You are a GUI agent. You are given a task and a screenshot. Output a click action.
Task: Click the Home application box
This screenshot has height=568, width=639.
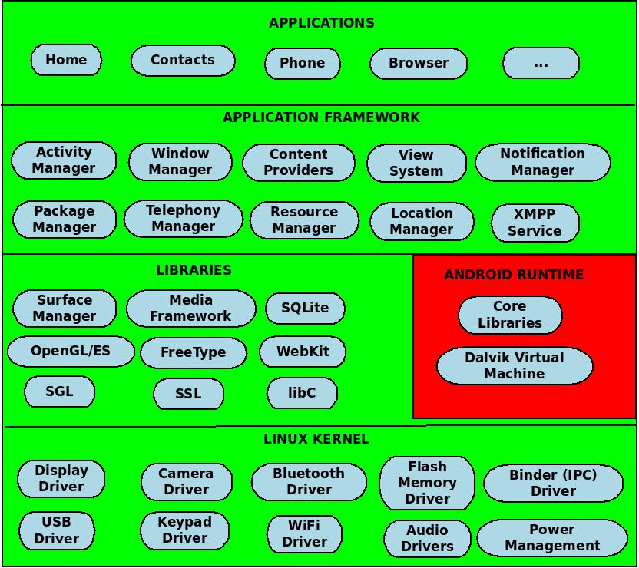coord(66,60)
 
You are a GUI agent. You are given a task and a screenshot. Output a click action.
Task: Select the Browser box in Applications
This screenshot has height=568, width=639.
coord(419,64)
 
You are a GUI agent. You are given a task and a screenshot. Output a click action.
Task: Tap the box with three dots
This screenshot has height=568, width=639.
coord(541,64)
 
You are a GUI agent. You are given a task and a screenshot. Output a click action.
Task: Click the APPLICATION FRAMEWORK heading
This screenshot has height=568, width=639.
coord(321,117)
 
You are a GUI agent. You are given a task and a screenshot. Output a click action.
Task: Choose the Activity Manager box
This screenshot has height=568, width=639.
coord(64,160)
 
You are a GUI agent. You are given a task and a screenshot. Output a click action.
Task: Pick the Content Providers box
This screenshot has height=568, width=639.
coord(299,163)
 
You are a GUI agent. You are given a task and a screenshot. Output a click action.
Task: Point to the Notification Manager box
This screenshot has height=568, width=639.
coord(542,162)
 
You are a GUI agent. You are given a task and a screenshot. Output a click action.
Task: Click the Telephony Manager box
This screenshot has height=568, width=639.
coord(183,219)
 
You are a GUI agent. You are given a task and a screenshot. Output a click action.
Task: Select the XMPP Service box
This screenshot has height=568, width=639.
coord(535,223)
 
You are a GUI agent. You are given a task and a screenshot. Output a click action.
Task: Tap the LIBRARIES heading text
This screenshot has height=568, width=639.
coord(194,270)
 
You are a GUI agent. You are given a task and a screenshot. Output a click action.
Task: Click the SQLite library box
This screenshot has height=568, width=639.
coord(305,308)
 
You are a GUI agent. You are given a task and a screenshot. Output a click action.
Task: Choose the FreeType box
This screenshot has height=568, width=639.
coord(194,353)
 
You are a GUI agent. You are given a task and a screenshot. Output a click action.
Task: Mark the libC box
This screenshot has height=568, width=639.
coord(302,393)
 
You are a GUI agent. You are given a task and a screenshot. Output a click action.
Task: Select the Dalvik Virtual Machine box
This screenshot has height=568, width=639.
coord(515,366)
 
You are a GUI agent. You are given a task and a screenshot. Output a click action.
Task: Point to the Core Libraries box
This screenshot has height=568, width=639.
coord(510,315)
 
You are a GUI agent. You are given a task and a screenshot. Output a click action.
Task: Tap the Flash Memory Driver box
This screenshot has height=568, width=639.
coord(427,483)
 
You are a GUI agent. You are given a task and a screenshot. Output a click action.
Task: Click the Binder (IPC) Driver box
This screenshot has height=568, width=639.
coord(553,483)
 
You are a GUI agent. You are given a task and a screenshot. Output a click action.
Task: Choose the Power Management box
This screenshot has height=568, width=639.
coord(552,538)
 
